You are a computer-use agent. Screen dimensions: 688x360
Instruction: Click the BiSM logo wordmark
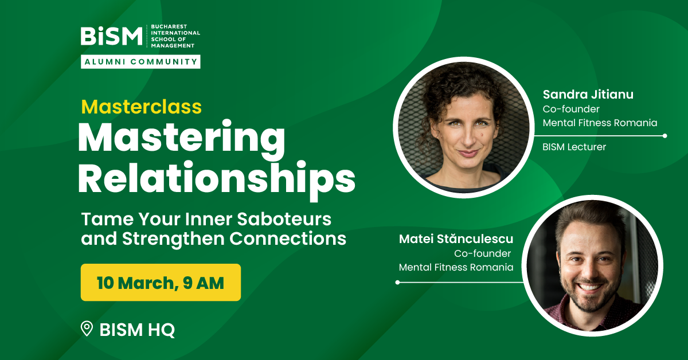111,36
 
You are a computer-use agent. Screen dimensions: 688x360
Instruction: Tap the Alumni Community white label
140,62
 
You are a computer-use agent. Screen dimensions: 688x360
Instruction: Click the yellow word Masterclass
141,107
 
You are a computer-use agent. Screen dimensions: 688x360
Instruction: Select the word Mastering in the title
182,138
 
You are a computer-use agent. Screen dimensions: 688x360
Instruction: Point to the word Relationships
217,179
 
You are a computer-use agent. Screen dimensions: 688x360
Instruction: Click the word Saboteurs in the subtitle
284,219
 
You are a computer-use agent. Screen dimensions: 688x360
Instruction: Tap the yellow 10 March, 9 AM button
161,282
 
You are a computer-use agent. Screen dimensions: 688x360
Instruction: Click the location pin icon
87,328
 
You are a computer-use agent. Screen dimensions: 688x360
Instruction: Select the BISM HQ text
137,330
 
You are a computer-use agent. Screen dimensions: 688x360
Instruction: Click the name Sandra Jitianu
588,95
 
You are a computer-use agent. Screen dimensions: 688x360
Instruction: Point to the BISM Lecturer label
574,147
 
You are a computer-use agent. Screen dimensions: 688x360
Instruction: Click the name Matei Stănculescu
456,238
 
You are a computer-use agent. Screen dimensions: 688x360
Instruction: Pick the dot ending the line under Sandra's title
665,136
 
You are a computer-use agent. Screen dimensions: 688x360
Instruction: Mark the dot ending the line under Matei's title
397,282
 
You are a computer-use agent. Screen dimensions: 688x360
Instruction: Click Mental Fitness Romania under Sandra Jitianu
600,123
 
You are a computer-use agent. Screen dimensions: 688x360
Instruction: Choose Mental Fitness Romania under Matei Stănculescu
456,267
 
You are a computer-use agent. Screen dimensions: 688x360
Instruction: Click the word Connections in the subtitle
288,238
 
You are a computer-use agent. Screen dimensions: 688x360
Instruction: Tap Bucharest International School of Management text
175,36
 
